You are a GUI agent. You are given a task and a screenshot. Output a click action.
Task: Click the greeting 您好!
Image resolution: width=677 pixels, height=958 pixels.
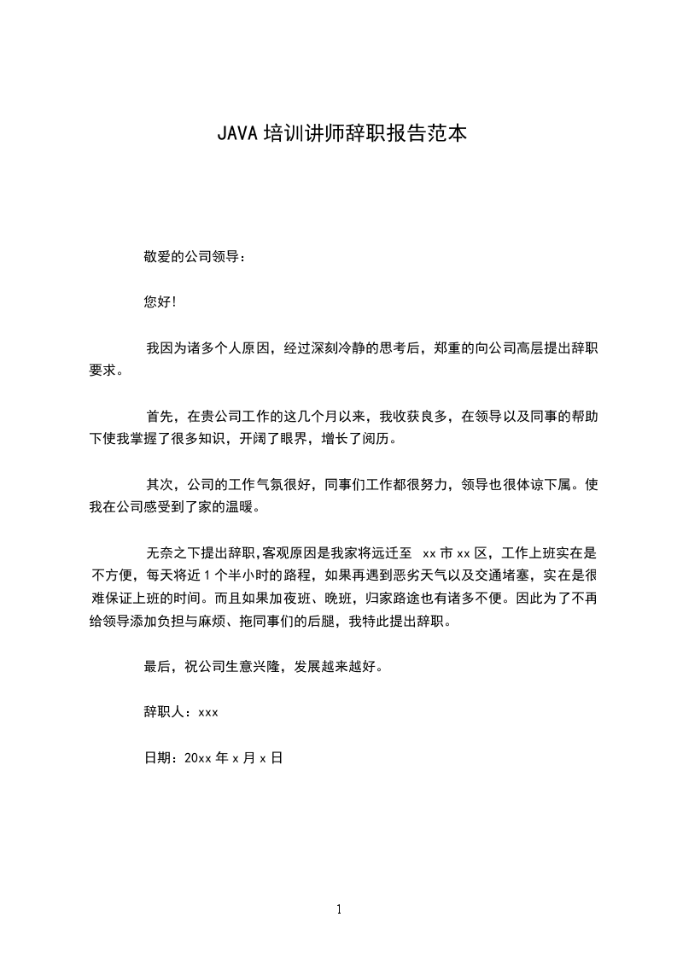[x=160, y=302]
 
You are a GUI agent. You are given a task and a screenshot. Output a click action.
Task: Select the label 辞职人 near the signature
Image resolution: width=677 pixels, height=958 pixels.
[x=166, y=711]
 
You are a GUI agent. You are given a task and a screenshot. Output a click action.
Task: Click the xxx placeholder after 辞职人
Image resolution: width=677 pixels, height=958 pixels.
[x=208, y=712]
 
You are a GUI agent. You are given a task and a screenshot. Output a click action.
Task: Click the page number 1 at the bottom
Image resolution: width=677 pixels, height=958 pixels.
[x=339, y=909]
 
